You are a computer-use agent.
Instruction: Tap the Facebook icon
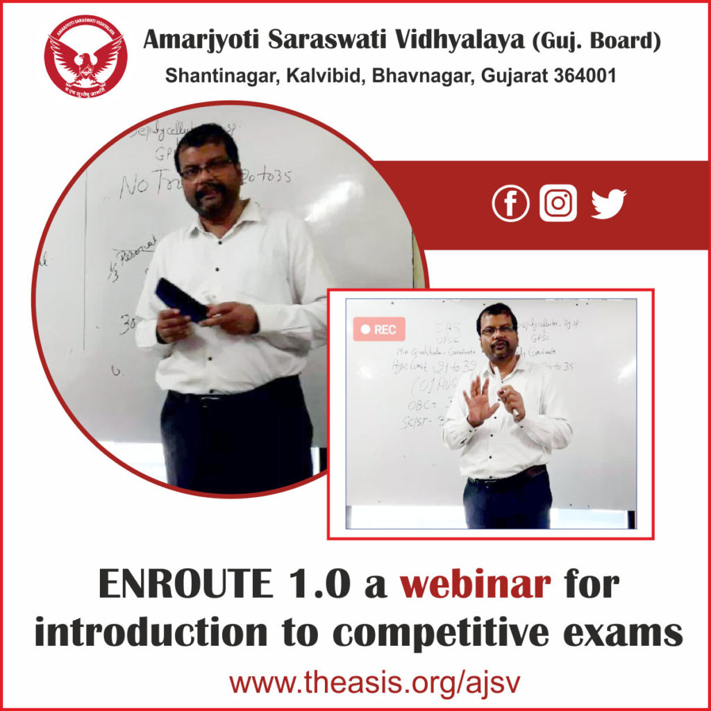[510, 203]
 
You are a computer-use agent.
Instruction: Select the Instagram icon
[558, 203]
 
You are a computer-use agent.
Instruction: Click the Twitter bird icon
[608, 204]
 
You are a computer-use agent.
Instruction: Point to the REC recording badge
[378, 330]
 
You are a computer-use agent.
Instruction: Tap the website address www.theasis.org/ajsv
[355, 683]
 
